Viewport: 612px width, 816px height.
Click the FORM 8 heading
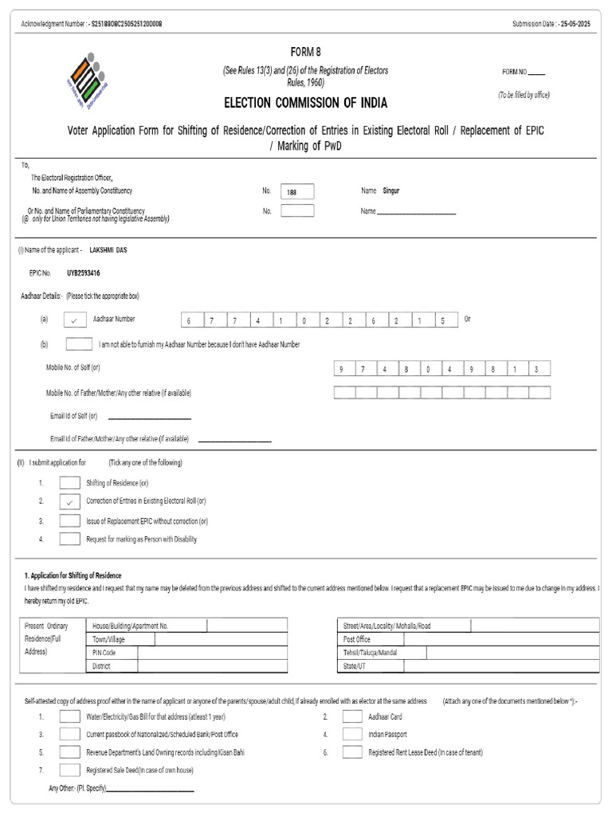pyautogui.click(x=305, y=52)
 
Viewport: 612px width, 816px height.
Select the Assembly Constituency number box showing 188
pyautogui.click(x=297, y=191)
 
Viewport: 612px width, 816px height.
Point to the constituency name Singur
pyautogui.click(x=392, y=191)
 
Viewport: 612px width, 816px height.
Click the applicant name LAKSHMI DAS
pyautogui.click(x=108, y=249)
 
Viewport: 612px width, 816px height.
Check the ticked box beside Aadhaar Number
pyautogui.click(x=73, y=320)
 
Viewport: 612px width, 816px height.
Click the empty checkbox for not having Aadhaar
pyautogui.click(x=79, y=344)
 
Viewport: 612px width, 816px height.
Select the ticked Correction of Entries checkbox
pyautogui.click(x=70, y=502)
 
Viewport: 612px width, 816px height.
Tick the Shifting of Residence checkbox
pyautogui.click(x=70, y=483)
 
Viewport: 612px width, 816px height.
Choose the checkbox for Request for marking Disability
pyautogui.click(x=70, y=539)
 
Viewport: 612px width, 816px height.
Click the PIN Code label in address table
pyautogui.click(x=104, y=653)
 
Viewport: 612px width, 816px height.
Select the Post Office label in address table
pyautogui.click(x=356, y=639)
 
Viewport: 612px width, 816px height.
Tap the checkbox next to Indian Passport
pyautogui.click(x=352, y=734)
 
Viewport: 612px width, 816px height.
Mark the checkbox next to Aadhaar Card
pyautogui.click(x=352, y=716)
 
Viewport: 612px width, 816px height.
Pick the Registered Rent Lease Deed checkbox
pyautogui.click(x=352, y=752)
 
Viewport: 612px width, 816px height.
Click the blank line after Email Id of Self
pyautogui.click(x=149, y=417)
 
